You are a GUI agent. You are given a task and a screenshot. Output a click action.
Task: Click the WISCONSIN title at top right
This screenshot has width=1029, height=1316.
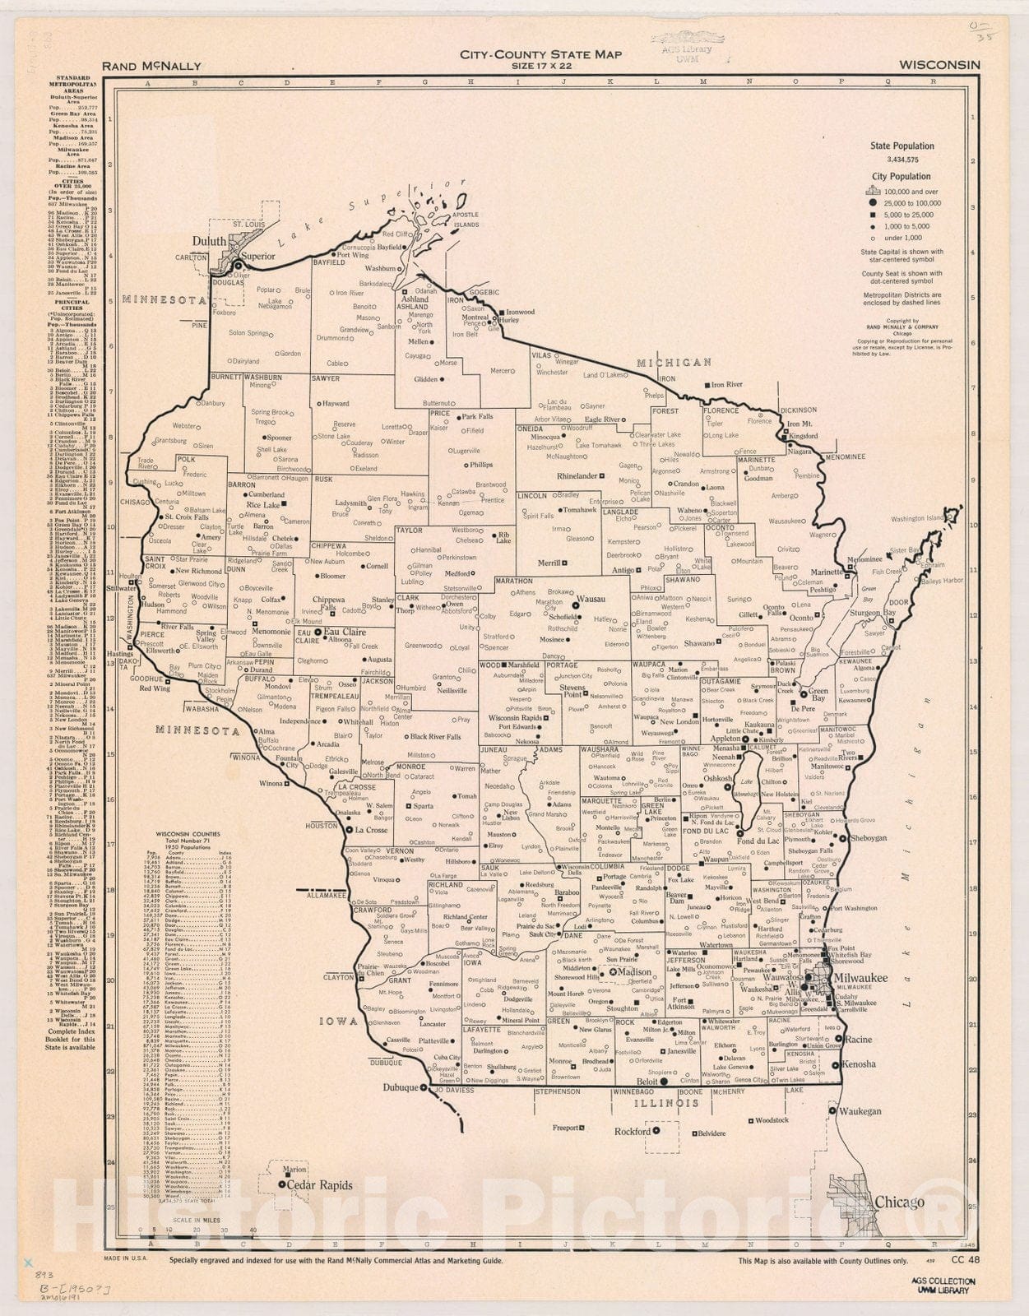939,65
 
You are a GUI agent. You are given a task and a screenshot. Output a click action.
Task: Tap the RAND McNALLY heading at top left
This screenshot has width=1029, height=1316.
151,67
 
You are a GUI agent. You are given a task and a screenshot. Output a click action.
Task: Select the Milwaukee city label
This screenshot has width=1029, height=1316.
860,977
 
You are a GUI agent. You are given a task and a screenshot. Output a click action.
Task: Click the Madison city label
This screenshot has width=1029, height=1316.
634,971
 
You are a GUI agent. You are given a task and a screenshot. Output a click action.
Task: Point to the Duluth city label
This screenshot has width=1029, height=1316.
210,241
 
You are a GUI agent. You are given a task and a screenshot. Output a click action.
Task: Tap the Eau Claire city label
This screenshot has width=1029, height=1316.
345,632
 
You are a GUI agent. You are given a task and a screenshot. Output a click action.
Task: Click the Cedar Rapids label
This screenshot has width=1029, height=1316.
319,1185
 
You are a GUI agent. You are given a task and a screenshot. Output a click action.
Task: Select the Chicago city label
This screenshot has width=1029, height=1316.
899,1202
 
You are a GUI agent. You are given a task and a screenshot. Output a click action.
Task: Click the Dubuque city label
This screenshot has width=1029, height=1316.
400,1087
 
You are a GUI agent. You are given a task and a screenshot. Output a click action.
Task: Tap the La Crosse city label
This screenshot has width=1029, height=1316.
371,830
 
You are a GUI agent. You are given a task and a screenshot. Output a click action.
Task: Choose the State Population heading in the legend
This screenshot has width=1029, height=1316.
902,146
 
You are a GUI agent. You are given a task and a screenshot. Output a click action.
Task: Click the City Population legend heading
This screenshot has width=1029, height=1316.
902,176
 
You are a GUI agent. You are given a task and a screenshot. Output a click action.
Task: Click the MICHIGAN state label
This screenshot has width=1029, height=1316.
674,362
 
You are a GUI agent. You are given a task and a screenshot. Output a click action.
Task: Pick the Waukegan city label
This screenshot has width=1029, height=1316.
860,1110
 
